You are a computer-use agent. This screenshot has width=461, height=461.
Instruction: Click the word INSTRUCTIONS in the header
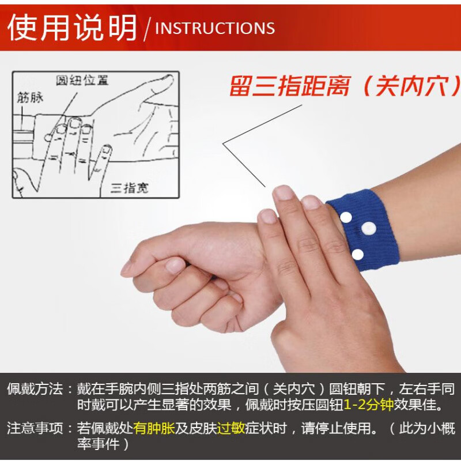tap(215, 28)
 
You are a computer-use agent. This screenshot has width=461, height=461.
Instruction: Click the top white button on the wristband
tap(346, 217)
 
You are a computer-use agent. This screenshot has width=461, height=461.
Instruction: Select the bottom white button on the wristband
tap(358, 254)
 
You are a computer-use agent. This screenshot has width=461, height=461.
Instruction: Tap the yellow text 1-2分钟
tap(369, 405)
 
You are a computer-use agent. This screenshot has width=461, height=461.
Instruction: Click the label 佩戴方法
tap(35, 389)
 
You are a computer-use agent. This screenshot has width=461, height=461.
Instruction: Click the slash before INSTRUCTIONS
tap(147, 28)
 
